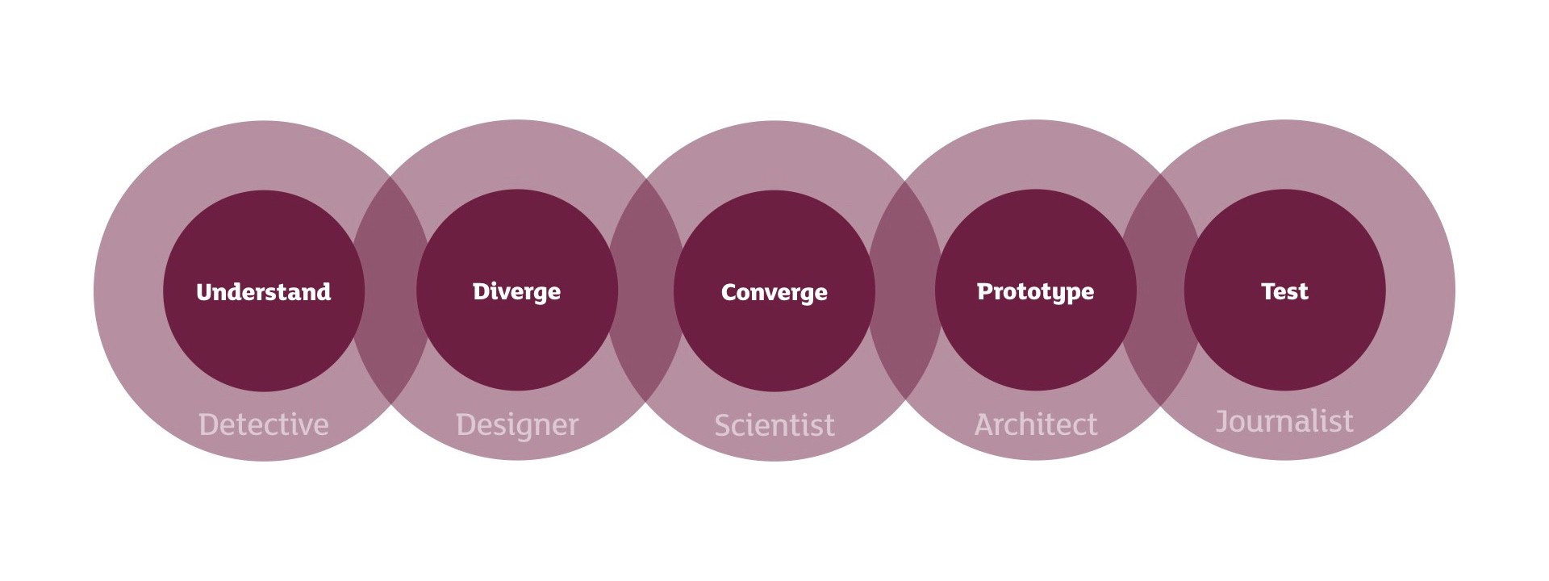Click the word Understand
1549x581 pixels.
(x=264, y=291)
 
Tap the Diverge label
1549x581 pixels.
(x=516, y=291)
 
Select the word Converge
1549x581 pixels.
(x=774, y=292)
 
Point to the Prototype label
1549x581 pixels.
(x=1036, y=291)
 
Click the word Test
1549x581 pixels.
(x=1284, y=291)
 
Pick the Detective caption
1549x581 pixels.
(x=264, y=424)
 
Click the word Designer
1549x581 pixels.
(x=517, y=425)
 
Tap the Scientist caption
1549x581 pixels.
(x=774, y=425)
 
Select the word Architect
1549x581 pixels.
(x=1036, y=424)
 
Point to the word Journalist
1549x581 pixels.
(x=1284, y=421)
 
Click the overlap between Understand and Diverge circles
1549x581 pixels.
(x=391, y=290)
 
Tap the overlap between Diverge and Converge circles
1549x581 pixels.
(x=645, y=290)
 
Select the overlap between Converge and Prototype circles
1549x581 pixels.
(x=904, y=290)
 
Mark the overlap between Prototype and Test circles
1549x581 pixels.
(x=1160, y=290)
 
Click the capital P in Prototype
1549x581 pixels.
(x=985, y=291)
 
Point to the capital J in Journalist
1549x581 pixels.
(x=1222, y=421)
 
